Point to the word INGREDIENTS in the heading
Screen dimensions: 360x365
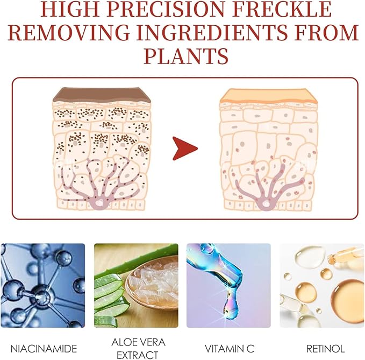pyautogui.click(x=214, y=33)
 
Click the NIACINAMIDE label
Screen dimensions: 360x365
pyautogui.click(x=43, y=348)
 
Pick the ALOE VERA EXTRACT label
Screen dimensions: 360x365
pyautogui.click(x=135, y=348)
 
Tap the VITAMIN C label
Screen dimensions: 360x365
pyautogui.click(x=228, y=348)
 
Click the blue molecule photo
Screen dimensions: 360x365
pyautogui.click(x=43, y=286)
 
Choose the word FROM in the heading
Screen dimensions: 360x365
pyautogui.click(x=328, y=33)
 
